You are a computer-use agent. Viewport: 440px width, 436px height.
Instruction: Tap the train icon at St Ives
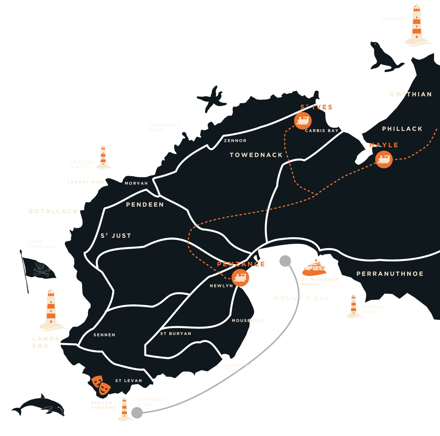pyautogui.click(x=303, y=120)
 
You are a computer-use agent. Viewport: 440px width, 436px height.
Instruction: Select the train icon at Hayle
pyautogui.click(x=384, y=159)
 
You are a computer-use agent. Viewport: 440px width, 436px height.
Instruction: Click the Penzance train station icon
pyautogui.click(x=240, y=277)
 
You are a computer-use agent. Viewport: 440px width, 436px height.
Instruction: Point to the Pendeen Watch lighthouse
pyautogui.click(x=103, y=157)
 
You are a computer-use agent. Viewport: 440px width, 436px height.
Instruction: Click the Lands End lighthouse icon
pyautogui.click(x=51, y=309)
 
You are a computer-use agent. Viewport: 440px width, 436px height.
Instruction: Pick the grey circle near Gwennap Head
pyautogui.click(x=137, y=413)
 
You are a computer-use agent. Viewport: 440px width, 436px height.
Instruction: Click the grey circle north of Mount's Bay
pyautogui.click(x=285, y=261)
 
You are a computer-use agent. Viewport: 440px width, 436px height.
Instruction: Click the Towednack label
pyautogui.click(x=256, y=155)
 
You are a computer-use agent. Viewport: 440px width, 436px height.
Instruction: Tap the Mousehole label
pyautogui.click(x=248, y=320)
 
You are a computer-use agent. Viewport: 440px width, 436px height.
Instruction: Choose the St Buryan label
pyautogui.click(x=176, y=334)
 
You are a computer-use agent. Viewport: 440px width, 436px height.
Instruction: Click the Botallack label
pyautogui.click(x=53, y=211)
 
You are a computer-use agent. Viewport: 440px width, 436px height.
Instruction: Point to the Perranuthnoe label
pyautogui.click(x=390, y=274)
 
